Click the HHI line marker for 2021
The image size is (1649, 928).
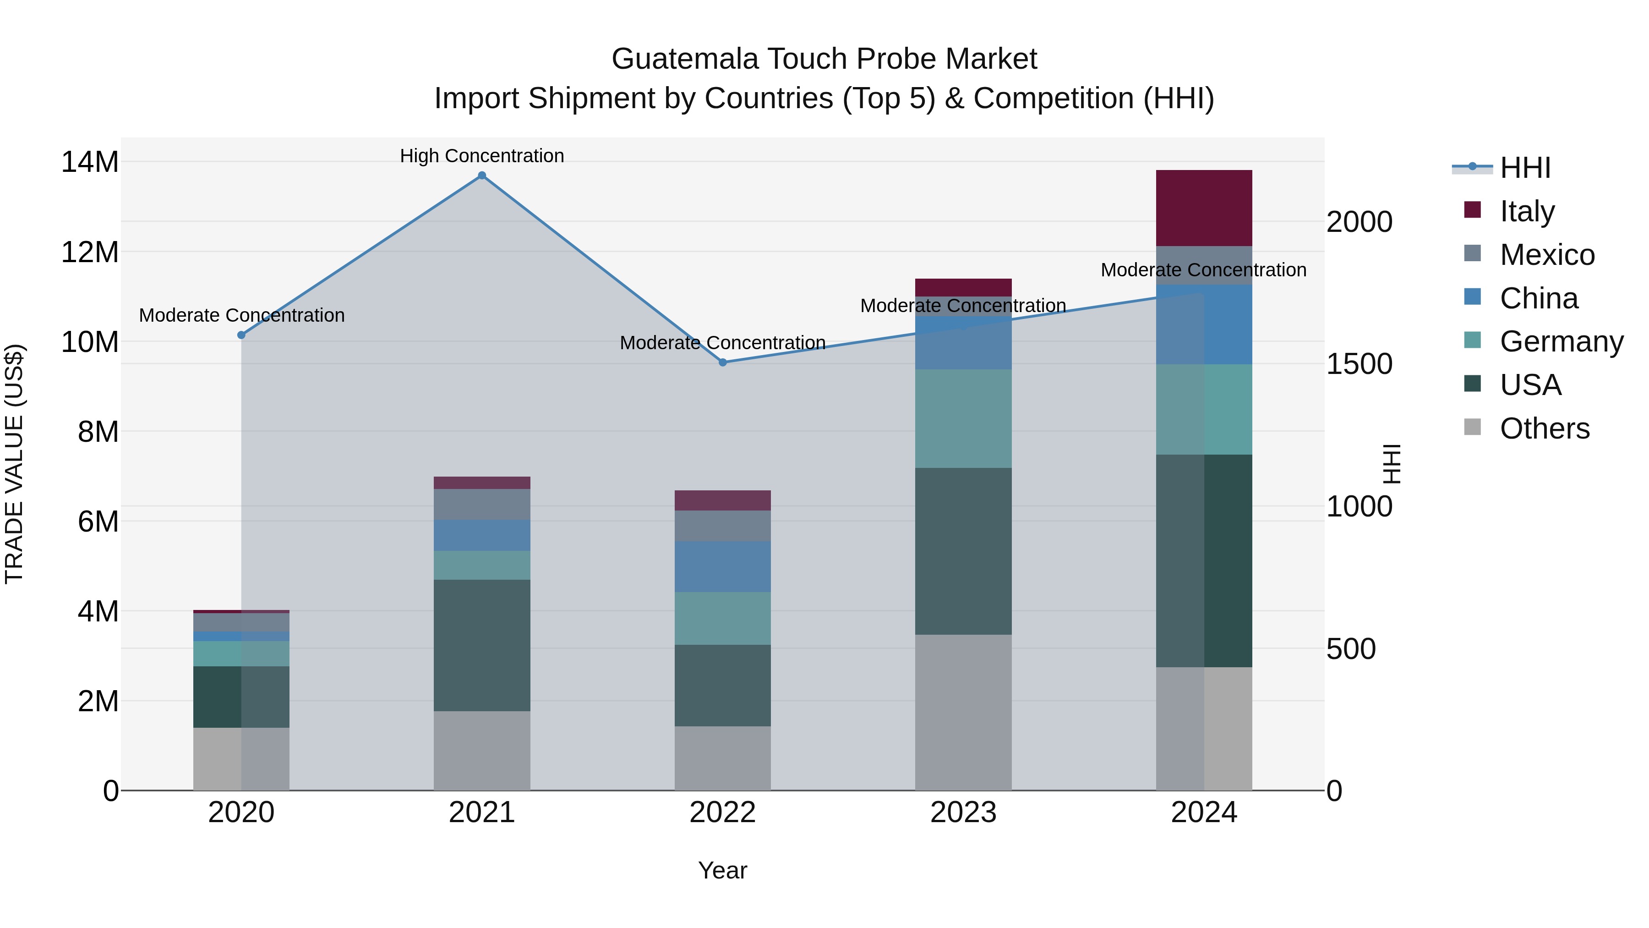482,176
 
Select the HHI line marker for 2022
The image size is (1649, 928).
723,362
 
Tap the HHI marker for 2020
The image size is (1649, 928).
241,335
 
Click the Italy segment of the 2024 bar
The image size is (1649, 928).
1204,208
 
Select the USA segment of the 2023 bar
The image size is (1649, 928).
963,551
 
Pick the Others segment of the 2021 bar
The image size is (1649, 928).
482,751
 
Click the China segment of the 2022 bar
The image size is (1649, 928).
723,567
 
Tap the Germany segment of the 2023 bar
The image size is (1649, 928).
963,419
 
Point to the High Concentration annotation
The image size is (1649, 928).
482,156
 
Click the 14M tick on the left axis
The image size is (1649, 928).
90,162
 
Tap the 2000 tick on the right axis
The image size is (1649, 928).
1359,222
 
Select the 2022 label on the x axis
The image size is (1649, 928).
723,813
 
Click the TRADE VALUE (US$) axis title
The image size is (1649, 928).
14,464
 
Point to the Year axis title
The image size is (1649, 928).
723,870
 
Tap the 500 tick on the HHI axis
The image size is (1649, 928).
1351,649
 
